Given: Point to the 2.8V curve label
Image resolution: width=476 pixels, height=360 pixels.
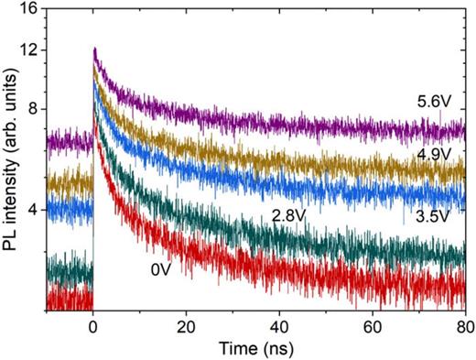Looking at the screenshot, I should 288,217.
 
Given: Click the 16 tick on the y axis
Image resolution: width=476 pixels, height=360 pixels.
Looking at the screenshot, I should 30,9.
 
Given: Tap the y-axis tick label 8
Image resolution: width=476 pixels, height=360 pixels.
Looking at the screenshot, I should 34,109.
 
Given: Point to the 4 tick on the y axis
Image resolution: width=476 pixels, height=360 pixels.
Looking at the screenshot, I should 34,210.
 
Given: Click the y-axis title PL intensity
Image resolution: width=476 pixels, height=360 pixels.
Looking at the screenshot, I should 12,159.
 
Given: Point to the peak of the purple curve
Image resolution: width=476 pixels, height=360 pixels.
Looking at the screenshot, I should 94,49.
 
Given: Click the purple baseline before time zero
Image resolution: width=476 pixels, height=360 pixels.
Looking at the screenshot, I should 69,141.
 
